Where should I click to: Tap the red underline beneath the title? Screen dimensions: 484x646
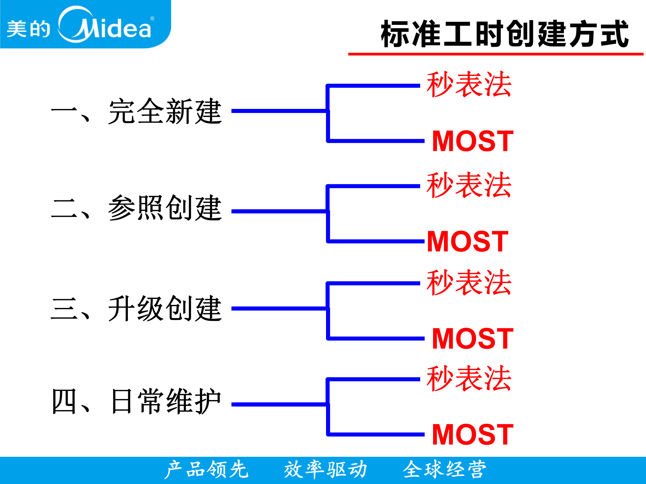[495, 54]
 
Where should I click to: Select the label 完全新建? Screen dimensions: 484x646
[165, 112]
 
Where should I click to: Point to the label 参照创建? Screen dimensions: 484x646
[165, 208]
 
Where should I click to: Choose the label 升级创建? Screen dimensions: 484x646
[165, 309]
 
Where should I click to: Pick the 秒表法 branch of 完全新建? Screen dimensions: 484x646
[469, 84]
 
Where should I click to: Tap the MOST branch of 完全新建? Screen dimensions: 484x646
[473, 141]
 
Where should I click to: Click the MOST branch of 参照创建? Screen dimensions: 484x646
[468, 241]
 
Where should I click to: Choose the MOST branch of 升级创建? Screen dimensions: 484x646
[473, 339]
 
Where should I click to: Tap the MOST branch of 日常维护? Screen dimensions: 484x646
[473, 435]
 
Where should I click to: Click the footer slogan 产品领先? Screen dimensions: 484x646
[206, 470]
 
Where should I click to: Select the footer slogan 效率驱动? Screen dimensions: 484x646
[325, 470]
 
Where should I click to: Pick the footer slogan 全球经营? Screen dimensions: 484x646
[444, 470]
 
